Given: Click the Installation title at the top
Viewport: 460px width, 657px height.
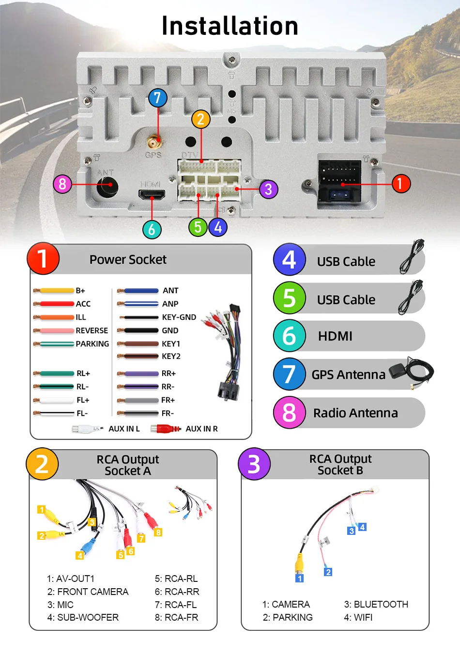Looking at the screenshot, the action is pyautogui.click(x=230, y=26).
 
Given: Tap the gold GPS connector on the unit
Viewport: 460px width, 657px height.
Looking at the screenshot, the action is pyautogui.click(x=154, y=142).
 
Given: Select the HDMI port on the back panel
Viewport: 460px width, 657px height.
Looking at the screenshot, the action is pyautogui.click(x=152, y=195).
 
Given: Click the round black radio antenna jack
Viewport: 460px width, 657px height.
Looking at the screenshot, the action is pyautogui.click(x=107, y=186).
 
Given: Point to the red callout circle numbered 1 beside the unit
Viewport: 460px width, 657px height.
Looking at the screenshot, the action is pyautogui.click(x=400, y=184).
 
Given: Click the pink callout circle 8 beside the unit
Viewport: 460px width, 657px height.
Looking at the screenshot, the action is pyautogui.click(x=62, y=184).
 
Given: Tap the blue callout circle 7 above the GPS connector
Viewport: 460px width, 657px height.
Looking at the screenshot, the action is pyautogui.click(x=157, y=98).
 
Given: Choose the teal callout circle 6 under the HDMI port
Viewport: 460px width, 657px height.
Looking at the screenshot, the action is pyautogui.click(x=152, y=229).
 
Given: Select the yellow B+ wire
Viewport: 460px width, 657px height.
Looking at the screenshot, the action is pyautogui.click(x=56, y=291).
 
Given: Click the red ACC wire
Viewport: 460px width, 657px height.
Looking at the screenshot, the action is pyautogui.click(x=56, y=304).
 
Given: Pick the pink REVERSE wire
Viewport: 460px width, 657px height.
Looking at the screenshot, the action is pyautogui.click(x=56, y=330).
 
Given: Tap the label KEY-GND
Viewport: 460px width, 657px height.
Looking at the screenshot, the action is pyautogui.click(x=179, y=317).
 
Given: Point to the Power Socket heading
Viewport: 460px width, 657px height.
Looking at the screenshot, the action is pyautogui.click(x=128, y=260).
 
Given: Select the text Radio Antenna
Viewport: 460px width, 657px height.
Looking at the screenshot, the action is pyautogui.click(x=355, y=413).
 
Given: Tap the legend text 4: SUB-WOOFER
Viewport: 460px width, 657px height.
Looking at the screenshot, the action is pyautogui.click(x=83, y=617).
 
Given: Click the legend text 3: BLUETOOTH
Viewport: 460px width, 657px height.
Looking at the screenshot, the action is pyautogui.click(x=376, y=604).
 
